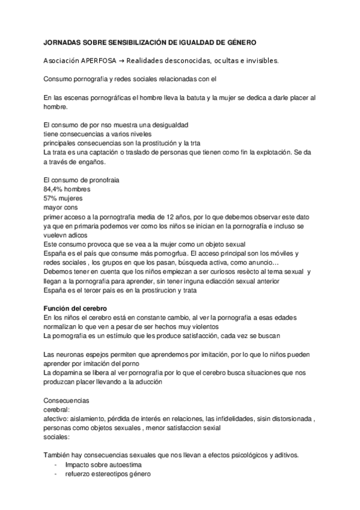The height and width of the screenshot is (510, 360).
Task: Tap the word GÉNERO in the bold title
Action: click(x=240, y=43)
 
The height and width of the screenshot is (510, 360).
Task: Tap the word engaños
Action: click(x=91, y=162)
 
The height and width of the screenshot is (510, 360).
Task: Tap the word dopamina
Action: click(x=70, y=373)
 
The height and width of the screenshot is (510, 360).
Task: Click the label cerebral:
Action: click(x=56, y=410)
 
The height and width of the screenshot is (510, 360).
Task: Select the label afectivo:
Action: click(x=58, y=419)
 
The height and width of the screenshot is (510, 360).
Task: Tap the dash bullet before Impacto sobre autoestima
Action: click(x=56, y=465)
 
